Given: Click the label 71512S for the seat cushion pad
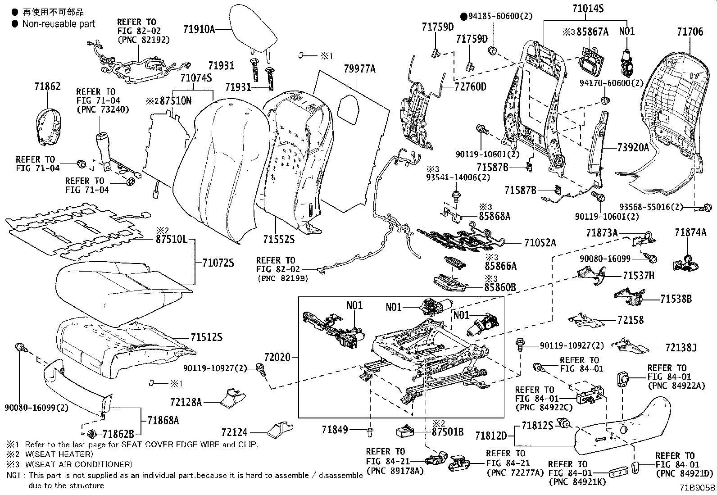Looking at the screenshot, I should click(206, 337).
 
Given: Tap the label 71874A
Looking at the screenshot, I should click(690, 232).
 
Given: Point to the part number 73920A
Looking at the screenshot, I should click(633, 147).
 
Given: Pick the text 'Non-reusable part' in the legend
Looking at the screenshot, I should click(59, 24).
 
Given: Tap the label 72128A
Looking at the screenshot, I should click(186, 402).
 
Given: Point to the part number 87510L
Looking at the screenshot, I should click(172, 240).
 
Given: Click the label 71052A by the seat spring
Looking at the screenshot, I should click(540, 243).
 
